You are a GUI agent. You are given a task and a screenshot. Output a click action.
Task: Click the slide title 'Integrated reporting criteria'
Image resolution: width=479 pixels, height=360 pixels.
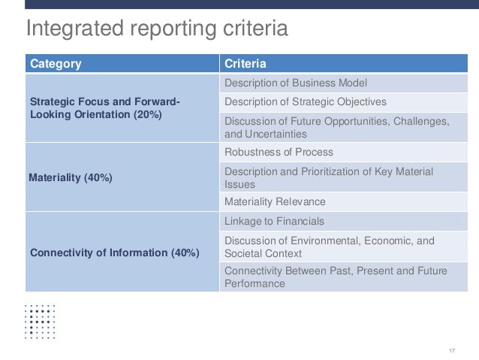157,29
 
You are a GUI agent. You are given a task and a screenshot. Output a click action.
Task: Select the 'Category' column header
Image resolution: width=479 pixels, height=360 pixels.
56,64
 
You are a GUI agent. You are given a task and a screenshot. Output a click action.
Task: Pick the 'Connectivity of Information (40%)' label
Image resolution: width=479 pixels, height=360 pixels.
115,253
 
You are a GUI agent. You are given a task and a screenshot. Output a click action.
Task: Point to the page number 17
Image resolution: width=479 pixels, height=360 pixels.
452,351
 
